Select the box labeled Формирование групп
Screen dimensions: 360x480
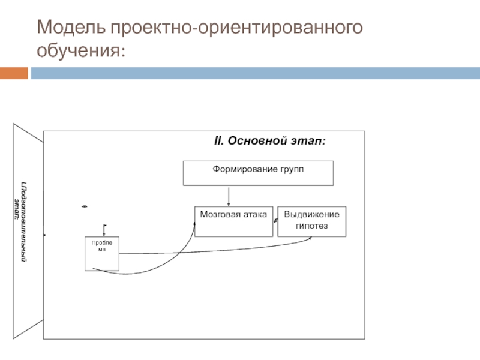click(x=258, y=173)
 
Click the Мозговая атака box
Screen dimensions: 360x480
click(x=233, y=221)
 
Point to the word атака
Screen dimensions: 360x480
click(x=254, y=214)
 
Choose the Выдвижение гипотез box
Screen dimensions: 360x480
click(x=311, y=221)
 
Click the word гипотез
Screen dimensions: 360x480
click(x=312, y=226)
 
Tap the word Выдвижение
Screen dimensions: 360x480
click(x=311, y=214)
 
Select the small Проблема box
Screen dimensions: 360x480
click(x=101, y=254)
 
